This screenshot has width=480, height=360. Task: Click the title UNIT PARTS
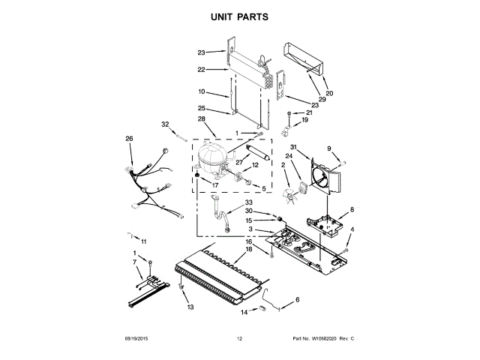(239, 15)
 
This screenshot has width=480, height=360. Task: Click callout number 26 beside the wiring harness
(129, 139)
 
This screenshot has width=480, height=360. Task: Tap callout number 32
(165, 124)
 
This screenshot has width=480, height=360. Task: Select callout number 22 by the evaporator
(201, 69)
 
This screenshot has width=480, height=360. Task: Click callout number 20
(329, 93)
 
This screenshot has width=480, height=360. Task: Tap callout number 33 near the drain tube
(249, 203)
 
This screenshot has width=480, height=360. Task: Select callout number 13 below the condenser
(190, 307)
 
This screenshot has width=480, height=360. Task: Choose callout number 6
(295, 299)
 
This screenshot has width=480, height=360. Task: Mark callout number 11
(144, 241)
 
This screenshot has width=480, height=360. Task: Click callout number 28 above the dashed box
(201, 119)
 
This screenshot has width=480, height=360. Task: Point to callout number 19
(305, 120)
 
